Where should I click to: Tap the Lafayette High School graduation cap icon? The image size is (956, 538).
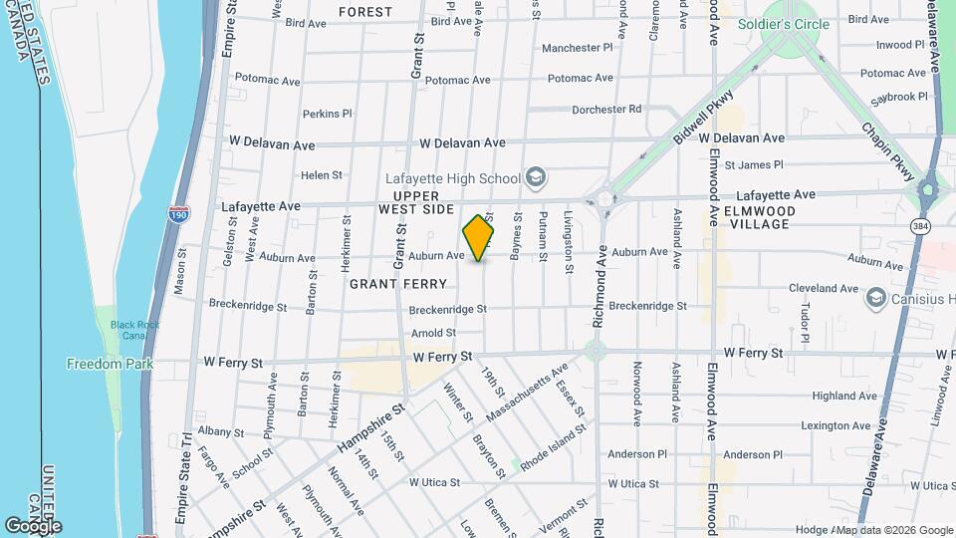point(536,178)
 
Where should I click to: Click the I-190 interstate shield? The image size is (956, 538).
point(177,213)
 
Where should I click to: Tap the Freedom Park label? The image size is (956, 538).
point(110,364)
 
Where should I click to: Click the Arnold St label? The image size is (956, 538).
point(433,333)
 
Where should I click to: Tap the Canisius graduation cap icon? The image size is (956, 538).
point(876,296)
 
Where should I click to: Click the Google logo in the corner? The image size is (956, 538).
point(33,525)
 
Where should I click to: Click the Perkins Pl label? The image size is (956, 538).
point(328,114)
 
